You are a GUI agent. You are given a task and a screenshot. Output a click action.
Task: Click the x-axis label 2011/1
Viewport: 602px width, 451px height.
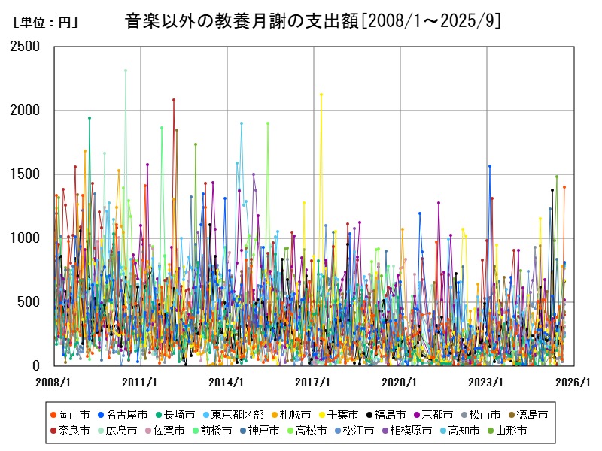(x=140, y=382)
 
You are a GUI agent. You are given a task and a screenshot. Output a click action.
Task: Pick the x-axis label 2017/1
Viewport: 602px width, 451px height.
(x=313, y=382)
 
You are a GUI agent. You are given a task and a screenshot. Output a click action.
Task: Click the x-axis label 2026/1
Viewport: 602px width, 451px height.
(x=573, y=382)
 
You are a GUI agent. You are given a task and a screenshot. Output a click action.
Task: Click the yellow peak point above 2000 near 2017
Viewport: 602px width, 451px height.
(x=321, y=95)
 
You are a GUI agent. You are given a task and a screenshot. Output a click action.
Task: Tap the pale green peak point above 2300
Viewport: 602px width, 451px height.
(x=126, y=71)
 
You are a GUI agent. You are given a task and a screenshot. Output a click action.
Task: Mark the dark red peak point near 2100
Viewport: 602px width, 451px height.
(x=174, y=99)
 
